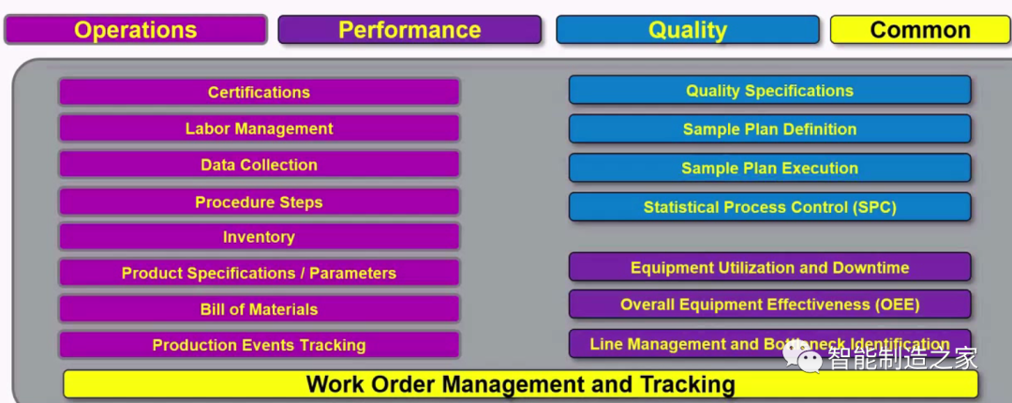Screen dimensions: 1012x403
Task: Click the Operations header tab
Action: point(136,30)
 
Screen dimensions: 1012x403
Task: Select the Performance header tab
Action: point(409,30)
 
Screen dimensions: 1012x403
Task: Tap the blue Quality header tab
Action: point(688,30)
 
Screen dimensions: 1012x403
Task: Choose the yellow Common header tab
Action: point(920,30)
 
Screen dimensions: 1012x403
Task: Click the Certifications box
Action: point(259,93)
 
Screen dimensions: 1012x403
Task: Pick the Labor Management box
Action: point(259,128)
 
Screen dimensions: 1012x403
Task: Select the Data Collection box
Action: point(259,165)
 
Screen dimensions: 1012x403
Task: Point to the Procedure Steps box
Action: point(259,202)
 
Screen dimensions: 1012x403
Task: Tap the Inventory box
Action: point(259,237)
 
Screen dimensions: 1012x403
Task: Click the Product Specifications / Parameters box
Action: point(259,273)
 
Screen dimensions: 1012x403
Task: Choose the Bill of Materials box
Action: point(259,309)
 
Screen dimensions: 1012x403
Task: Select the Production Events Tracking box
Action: point(259,346)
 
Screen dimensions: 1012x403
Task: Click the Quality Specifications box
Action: point(769,90)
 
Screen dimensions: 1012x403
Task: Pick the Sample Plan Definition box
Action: point(769,129)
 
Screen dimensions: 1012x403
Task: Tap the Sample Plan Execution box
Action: point(769,168)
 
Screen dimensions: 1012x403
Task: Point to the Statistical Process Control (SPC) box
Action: point(769,207)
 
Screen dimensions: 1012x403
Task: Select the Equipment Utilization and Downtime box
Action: point(769,267)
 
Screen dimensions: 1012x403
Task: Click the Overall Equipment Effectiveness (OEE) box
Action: point(769,305)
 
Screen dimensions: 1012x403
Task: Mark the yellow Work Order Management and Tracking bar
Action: point(520,384)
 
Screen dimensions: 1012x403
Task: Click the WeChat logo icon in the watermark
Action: point(802,357)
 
